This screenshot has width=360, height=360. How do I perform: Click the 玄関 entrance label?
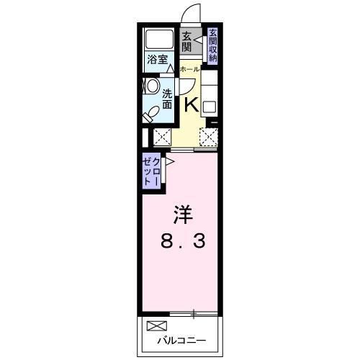point(186,42)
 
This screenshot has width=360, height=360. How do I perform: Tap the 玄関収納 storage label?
point(212,45)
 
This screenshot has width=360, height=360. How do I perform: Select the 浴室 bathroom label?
point(158,60)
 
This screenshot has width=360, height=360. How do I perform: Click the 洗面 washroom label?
point(167,99)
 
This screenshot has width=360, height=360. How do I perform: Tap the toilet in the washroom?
point(152,112)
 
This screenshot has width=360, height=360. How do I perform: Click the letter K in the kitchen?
point(192,104)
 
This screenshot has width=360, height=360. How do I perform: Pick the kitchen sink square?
point(210,107)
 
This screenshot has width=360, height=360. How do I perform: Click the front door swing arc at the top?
point(190,14)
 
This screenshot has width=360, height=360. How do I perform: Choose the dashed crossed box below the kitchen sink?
point(209,137)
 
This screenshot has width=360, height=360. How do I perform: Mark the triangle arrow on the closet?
point(170,163)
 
